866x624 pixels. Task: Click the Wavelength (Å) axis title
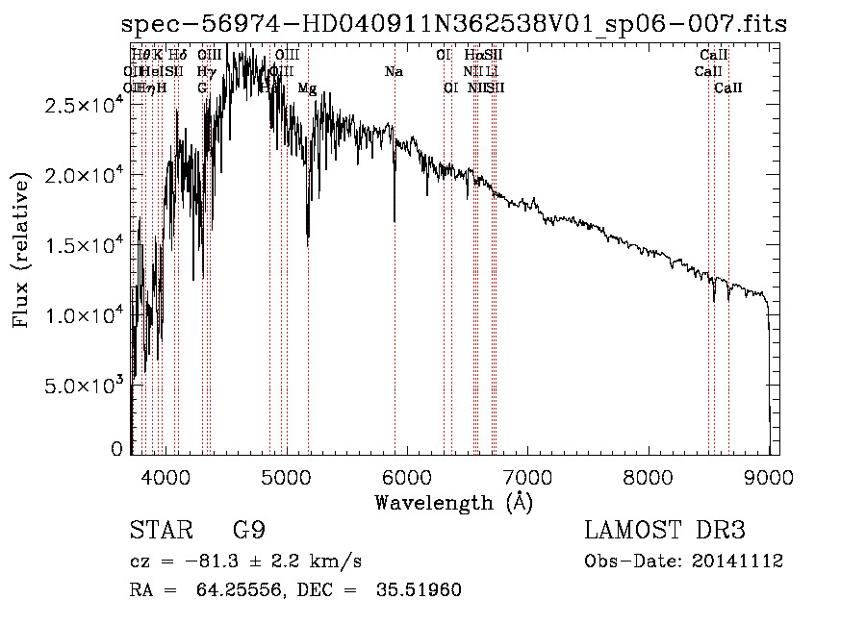tap(453, 502)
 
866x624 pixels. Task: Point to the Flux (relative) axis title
tap(21, 250)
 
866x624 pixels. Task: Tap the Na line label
tap(394, 72)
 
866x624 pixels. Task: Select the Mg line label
tap(307, 88)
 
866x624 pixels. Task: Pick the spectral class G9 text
tap(248, 531)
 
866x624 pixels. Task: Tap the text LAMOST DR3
tap(664, 531)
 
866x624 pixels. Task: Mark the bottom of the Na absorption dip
tap(395, 221)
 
